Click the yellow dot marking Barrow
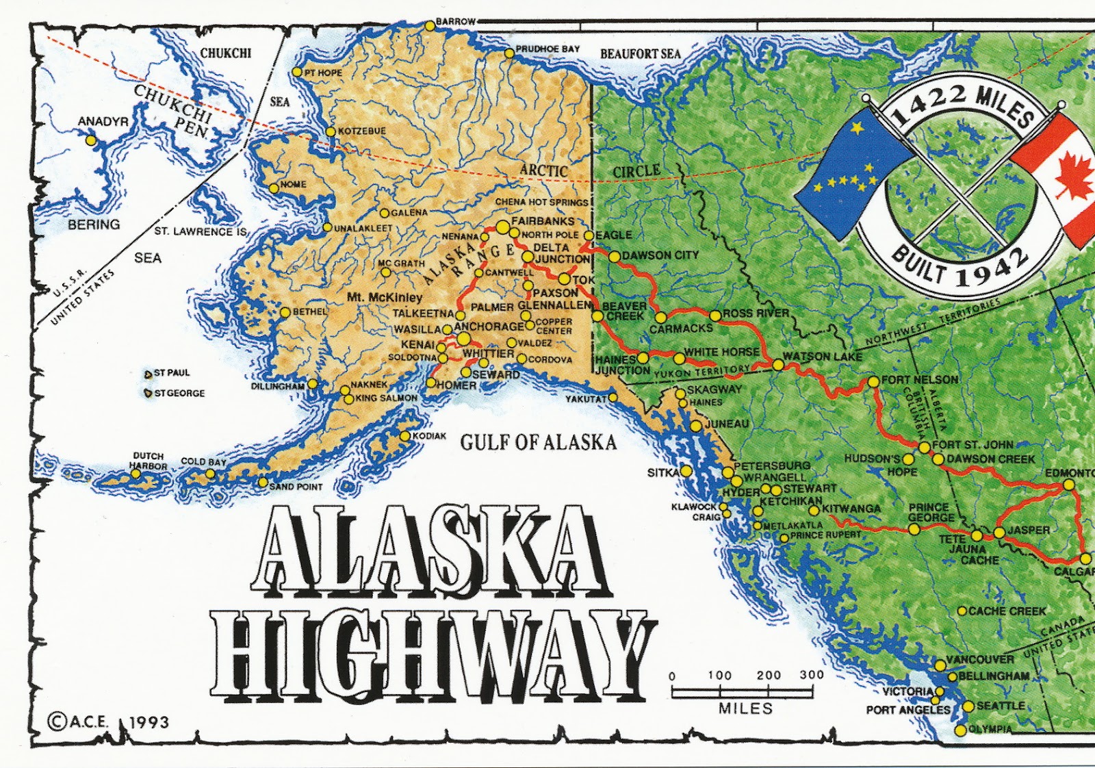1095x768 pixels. click(x=429, y=25)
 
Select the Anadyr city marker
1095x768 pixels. click(x=90, y=140)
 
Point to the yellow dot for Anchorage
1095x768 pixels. click(x=464, y=339)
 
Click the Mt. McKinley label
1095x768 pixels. click(x=385, y=298)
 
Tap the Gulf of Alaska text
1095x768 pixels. click(x=538, y=443)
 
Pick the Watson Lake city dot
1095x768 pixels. click(x=777, y=365)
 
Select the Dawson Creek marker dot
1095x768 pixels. click(x=938, y=459)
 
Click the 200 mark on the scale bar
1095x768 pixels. click(x=769, y=675)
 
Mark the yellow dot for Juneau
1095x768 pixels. click(x=696, y=426)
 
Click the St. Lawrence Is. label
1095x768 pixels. click(x=199, y=231)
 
